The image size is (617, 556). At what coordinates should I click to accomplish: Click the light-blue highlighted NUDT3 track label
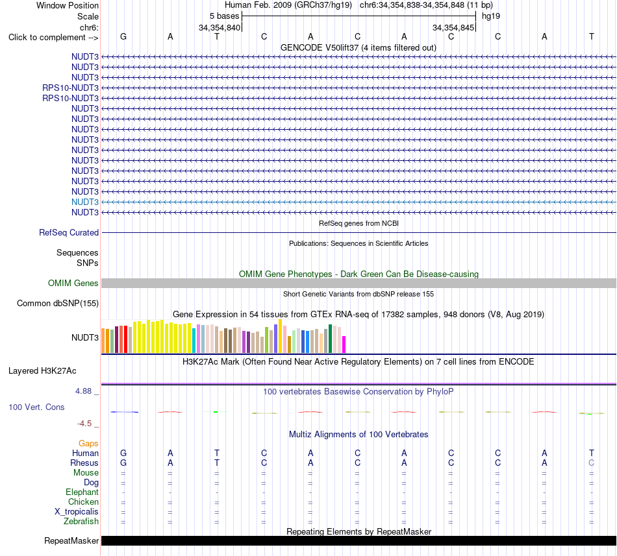[85, 202]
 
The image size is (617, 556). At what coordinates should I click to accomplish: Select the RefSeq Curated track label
[69, 233]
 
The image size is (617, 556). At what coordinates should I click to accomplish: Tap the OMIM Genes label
[73, 284]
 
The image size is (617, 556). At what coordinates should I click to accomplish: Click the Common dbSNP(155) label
[58, 304]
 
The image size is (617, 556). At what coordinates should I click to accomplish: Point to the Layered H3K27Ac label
[42, 371]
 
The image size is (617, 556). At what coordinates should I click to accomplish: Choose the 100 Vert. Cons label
[36, 407]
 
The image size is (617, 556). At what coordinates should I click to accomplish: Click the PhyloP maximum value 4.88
[83, 391]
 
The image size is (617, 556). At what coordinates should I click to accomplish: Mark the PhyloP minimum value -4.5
[84, 424]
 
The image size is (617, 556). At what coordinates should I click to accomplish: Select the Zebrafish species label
[81, 522]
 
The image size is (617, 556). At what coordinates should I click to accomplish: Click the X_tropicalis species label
[77, 512]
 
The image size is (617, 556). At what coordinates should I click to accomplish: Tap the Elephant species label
[82, 492]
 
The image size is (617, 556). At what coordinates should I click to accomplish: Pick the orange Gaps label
[88, 444]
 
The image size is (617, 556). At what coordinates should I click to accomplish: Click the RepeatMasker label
[71, 541]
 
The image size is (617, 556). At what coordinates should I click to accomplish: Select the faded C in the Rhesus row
[592, 463]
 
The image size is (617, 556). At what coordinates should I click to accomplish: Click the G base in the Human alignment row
[123, 453]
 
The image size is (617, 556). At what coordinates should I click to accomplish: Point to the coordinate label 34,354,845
[453, 27]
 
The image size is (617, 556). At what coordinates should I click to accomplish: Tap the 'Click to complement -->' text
[53, 38]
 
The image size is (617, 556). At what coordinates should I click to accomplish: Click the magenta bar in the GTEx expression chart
[344, 344]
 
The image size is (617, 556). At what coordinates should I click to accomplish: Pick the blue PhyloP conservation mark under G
[124, 412]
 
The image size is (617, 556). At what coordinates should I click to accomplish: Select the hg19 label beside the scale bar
[491, 16]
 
